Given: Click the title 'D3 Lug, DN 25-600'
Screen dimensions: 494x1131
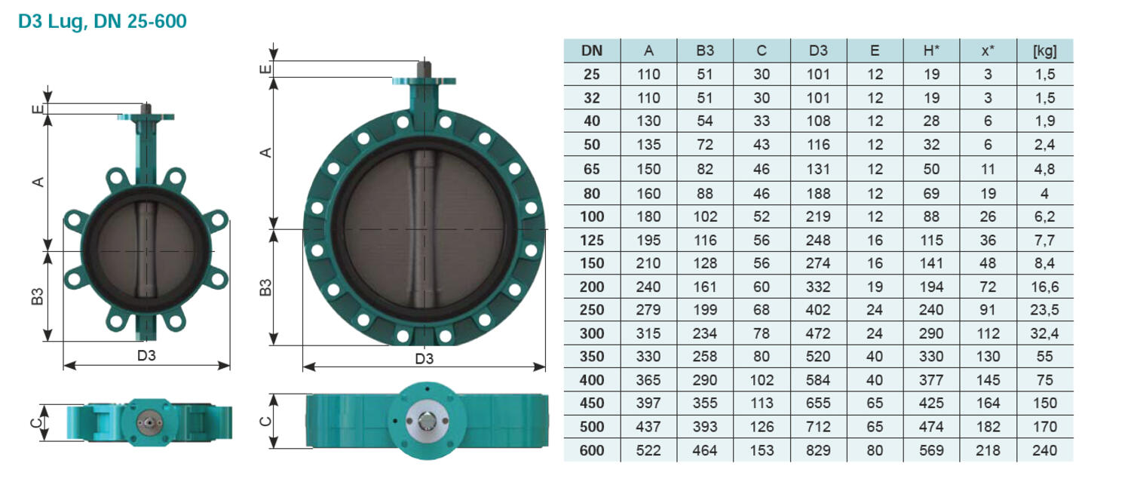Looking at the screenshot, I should [102, 21].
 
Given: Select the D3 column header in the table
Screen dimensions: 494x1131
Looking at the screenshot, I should [818, 51].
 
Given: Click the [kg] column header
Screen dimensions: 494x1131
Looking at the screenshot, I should [1044, 51].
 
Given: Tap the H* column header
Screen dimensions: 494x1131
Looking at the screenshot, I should [931, 51].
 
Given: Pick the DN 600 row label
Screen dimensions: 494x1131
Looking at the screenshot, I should [592, 450].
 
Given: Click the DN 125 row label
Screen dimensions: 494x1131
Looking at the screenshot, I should [592, 240].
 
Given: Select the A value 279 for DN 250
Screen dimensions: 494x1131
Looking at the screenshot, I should [648, 309].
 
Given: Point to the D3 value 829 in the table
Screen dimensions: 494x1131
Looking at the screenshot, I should [818, 450].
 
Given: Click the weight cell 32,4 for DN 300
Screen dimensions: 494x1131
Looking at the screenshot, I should [1044, 333].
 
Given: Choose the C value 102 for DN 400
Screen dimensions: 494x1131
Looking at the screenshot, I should [762, 380].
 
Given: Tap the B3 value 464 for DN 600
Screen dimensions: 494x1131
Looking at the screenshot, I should [705, 450].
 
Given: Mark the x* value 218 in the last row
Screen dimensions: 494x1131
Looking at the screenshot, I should [988, 450].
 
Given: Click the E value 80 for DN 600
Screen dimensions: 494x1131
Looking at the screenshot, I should [875, 450].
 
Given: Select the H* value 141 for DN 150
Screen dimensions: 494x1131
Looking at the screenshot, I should [931, 263].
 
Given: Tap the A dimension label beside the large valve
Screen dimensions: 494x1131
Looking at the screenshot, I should [265, 152].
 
